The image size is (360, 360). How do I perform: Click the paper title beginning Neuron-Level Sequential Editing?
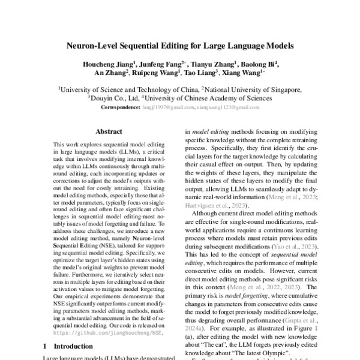[180, 45]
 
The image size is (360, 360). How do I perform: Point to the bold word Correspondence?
[121, 107]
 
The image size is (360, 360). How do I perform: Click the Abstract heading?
[109, 131]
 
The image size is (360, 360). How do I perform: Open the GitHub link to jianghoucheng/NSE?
[108, 331]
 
